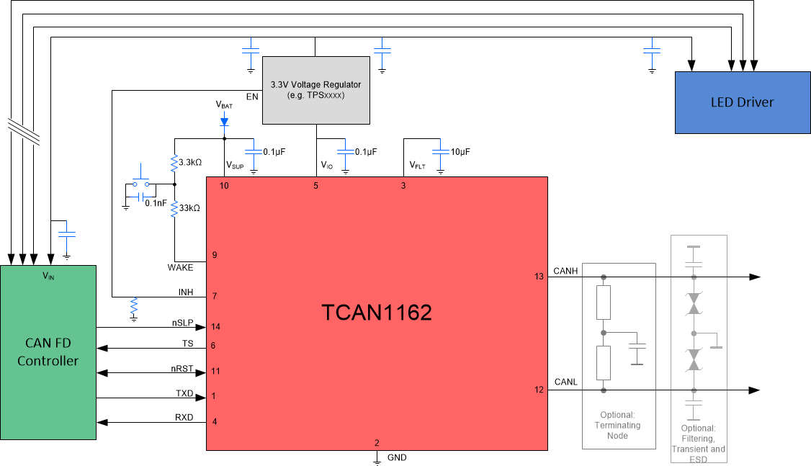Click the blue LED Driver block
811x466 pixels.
tap(742, 102)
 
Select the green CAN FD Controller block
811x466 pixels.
tap(48, 352)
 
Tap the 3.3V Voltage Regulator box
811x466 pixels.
tap(315, 90)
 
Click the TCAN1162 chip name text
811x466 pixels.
tap(377, 312)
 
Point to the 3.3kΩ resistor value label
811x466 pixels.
tap(189, 163)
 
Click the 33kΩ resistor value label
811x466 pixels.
tap(189, 208)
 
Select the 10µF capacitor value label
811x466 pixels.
tap(460, 152)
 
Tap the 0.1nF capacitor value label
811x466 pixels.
tap(156, 203)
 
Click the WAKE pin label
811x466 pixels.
tap(180, 267)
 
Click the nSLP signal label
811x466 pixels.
tap(183, 322)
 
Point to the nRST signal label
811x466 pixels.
tap(183, 368)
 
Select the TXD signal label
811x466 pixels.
tap(184, 394)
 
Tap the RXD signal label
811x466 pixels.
tap(184, 417)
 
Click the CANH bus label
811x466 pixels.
tap(565, 272)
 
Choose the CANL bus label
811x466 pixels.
tap(565, 382)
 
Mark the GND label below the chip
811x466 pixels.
tap(397, 457)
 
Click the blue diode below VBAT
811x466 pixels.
tap(224, 121)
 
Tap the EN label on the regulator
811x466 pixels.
tap(252, 96)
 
